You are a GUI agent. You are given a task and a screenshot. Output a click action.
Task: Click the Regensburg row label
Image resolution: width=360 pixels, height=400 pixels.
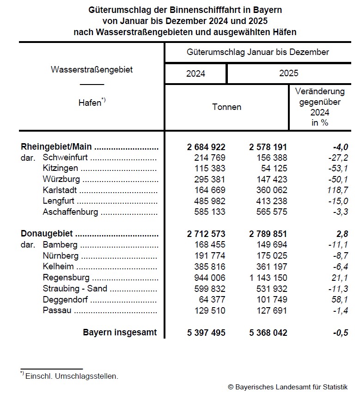[66, 278]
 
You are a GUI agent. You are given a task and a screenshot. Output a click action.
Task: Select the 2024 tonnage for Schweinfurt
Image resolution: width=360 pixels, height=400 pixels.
[206, 158]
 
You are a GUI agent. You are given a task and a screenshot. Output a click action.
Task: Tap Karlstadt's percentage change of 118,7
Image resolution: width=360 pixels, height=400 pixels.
[334, 190]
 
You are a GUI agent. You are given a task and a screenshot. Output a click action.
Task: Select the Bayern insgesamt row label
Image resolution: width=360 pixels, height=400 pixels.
[120, 333]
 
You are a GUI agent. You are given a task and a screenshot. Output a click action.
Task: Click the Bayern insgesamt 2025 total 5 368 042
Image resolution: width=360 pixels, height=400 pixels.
[268, 333]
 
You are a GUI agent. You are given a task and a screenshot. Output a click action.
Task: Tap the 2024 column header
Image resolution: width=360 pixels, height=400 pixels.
[196, 73]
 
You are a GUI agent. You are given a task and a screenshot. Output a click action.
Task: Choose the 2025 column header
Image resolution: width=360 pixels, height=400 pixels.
[289, 73]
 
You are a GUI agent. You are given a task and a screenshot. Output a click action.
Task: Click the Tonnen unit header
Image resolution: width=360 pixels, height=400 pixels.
[226, 107]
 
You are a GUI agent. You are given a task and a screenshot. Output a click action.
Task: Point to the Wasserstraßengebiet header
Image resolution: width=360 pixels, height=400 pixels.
[92, 70]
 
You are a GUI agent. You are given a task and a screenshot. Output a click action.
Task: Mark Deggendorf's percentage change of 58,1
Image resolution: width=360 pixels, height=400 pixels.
[336, 299]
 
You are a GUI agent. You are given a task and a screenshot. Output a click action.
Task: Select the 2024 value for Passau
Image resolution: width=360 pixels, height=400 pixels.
[206, 310]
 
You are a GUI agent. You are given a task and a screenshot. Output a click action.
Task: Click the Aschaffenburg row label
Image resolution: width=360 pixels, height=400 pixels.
[70, 212]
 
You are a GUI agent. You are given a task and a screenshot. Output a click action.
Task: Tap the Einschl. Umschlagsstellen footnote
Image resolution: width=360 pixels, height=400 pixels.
[72, 376]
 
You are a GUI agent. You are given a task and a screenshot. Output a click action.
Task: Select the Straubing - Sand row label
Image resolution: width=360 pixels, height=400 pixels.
[75, 289]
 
